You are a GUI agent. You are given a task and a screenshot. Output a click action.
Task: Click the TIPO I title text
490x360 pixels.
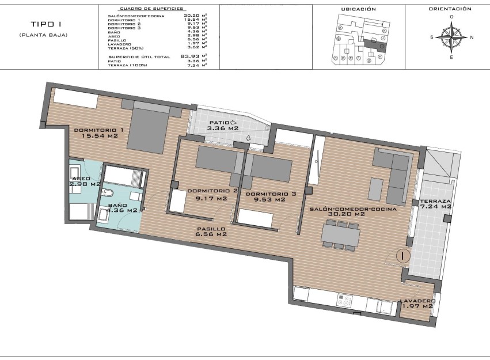tap(43, 25)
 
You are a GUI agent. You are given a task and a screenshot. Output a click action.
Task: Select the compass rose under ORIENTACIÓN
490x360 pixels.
tap(451, 37)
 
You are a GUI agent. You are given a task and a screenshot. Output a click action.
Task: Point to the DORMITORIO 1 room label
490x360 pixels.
tap(98, 134)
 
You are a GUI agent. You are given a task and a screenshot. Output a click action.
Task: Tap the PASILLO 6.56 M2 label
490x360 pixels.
tap(210, 232)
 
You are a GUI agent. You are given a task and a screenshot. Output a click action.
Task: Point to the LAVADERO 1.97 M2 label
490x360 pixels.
tap(417, 304)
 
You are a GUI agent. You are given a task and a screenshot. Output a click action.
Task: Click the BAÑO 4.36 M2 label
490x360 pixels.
tap(123, 208)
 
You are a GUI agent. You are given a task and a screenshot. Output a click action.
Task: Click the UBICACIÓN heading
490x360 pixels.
tap(358, 9)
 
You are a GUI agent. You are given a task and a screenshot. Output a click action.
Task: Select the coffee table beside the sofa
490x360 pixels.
tap(376, 190)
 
